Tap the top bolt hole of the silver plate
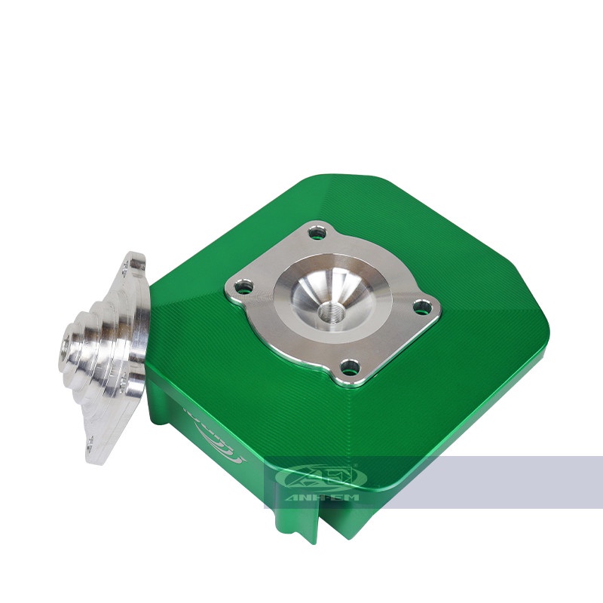[318, 232]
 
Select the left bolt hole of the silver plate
[242, 286]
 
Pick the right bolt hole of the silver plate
[424, 305]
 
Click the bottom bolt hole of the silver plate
[348, 367]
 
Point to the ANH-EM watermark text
[320, 497]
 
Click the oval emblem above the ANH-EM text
[320, 478]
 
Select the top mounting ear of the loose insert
[136, 263]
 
